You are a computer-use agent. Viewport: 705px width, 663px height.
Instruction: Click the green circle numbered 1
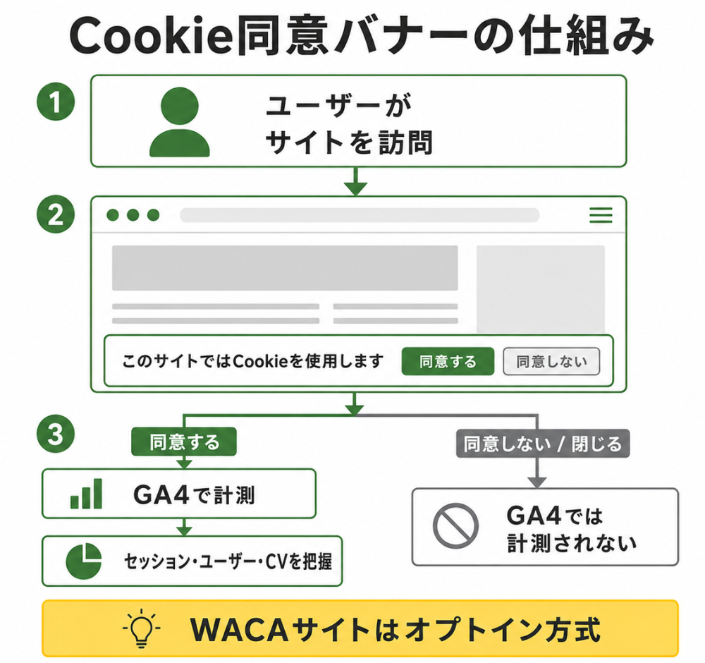click(56, 101)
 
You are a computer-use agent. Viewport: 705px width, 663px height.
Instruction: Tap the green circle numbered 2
click(56, 214)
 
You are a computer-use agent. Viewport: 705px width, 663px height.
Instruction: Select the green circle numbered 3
click(56, 434)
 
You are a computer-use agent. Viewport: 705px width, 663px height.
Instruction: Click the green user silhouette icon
click(179, 122)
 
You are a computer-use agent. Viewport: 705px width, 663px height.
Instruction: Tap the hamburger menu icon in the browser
click(601, 215)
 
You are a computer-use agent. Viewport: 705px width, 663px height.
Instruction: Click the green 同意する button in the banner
click(448, 361)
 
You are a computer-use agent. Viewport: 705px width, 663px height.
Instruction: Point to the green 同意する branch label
click(184, 442)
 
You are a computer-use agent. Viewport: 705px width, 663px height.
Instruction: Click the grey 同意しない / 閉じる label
click(543, 444)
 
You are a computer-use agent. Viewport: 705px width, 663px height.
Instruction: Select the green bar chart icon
click(86, 494)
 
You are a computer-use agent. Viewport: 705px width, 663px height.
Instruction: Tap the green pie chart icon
click(84, 561)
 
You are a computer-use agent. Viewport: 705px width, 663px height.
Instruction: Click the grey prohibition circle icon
click(455, 525)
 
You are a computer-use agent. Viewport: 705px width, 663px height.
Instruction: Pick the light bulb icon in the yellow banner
click(142, 628)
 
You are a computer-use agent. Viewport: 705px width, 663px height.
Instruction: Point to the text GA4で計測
click(195, 494)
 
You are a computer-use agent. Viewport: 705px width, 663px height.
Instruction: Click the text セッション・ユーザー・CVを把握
click(228, 561)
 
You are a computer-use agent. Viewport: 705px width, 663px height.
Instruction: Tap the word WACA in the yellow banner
click(239, 629)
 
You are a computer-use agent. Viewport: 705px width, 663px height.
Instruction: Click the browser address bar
click(360, 215)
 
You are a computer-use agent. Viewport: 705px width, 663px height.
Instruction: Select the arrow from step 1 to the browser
click(355, 181)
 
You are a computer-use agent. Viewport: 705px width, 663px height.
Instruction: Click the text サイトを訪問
click(350, 142)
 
